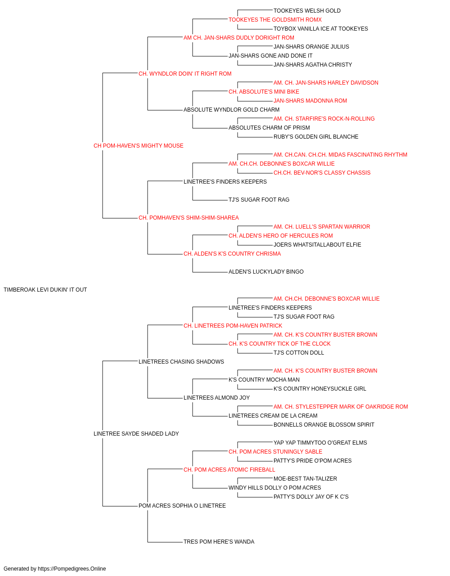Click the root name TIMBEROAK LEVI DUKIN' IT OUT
[x=45, y=290]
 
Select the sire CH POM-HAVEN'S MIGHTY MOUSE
[x=138, y=146]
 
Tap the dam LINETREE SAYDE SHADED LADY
[x=136, y=434]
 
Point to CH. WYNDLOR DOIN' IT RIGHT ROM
[x=185, y=74]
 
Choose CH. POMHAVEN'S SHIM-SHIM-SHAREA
[x=189, y=218]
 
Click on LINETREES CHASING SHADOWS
[x=181, y=361]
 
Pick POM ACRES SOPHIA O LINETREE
[x=182, y=505]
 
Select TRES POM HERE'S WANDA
[x=219, y=541]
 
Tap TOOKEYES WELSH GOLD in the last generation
[x=307, y=11]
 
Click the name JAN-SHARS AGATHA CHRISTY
[x=313, y=65]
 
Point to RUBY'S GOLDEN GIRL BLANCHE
[x=316, y=137]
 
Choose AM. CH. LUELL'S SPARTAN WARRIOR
[x=322, y=227]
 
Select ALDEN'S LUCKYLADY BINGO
[x=266, y=272]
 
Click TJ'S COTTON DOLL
[x=299, y=352]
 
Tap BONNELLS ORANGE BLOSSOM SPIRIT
[x=324, y=425]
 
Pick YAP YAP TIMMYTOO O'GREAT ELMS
[x=320, y=443]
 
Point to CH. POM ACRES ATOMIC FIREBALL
[x=229, y=470]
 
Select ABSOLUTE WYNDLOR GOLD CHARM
[x=231, y=110]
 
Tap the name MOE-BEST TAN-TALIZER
[x=305, y=479]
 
